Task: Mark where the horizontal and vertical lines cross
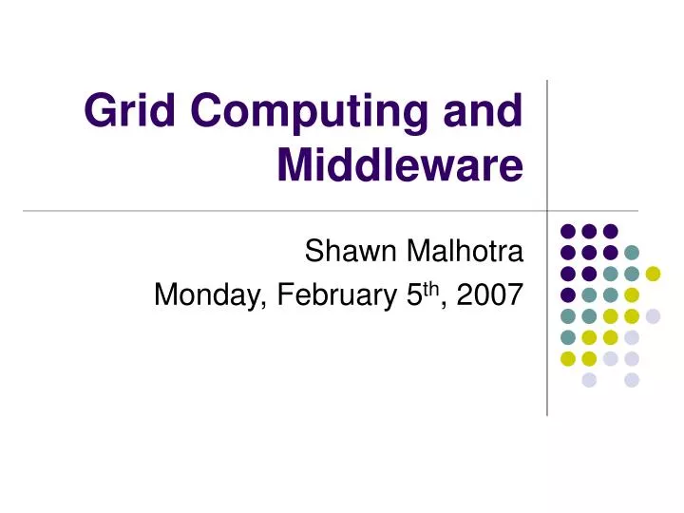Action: (547, 210)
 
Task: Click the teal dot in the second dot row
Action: (632, 252)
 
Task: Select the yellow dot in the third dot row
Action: (653, 274)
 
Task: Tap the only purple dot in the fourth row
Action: (567, 294)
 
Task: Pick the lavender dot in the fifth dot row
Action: (653, 316)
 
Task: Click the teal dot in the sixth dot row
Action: (567, 337)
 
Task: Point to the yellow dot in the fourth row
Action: (632, 294)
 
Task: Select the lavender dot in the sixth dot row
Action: (632, 337)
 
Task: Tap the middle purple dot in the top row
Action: (589, 231)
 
